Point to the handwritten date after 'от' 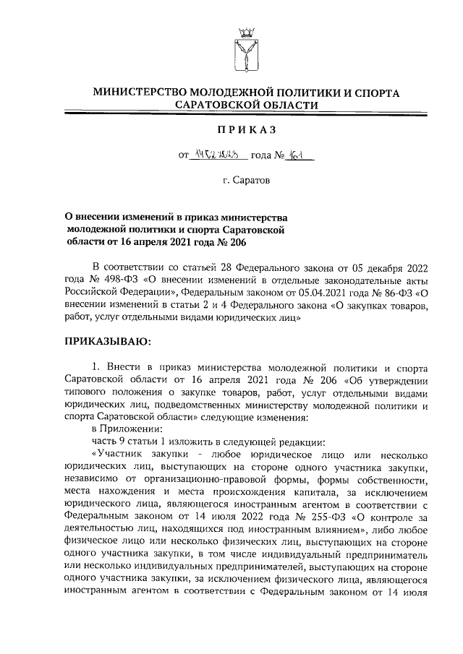[217, 154]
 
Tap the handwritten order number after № [297, 154]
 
